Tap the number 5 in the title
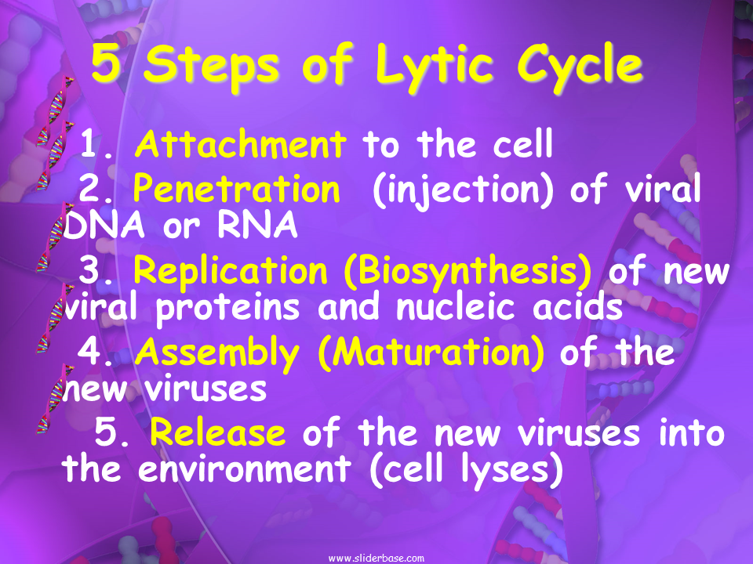[106, 63]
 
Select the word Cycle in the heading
[580, 67]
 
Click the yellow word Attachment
[240, 143]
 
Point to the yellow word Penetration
[236, 189]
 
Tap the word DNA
[104, 225]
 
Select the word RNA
[257, 225]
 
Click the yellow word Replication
[231, 272]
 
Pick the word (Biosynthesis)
[467, 272]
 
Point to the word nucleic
[456, 307]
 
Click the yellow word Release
[217, 432]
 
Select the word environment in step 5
[245, 468]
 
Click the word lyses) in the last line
[512, 470]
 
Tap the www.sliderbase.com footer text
[376, 559]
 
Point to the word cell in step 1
[523, 143]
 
